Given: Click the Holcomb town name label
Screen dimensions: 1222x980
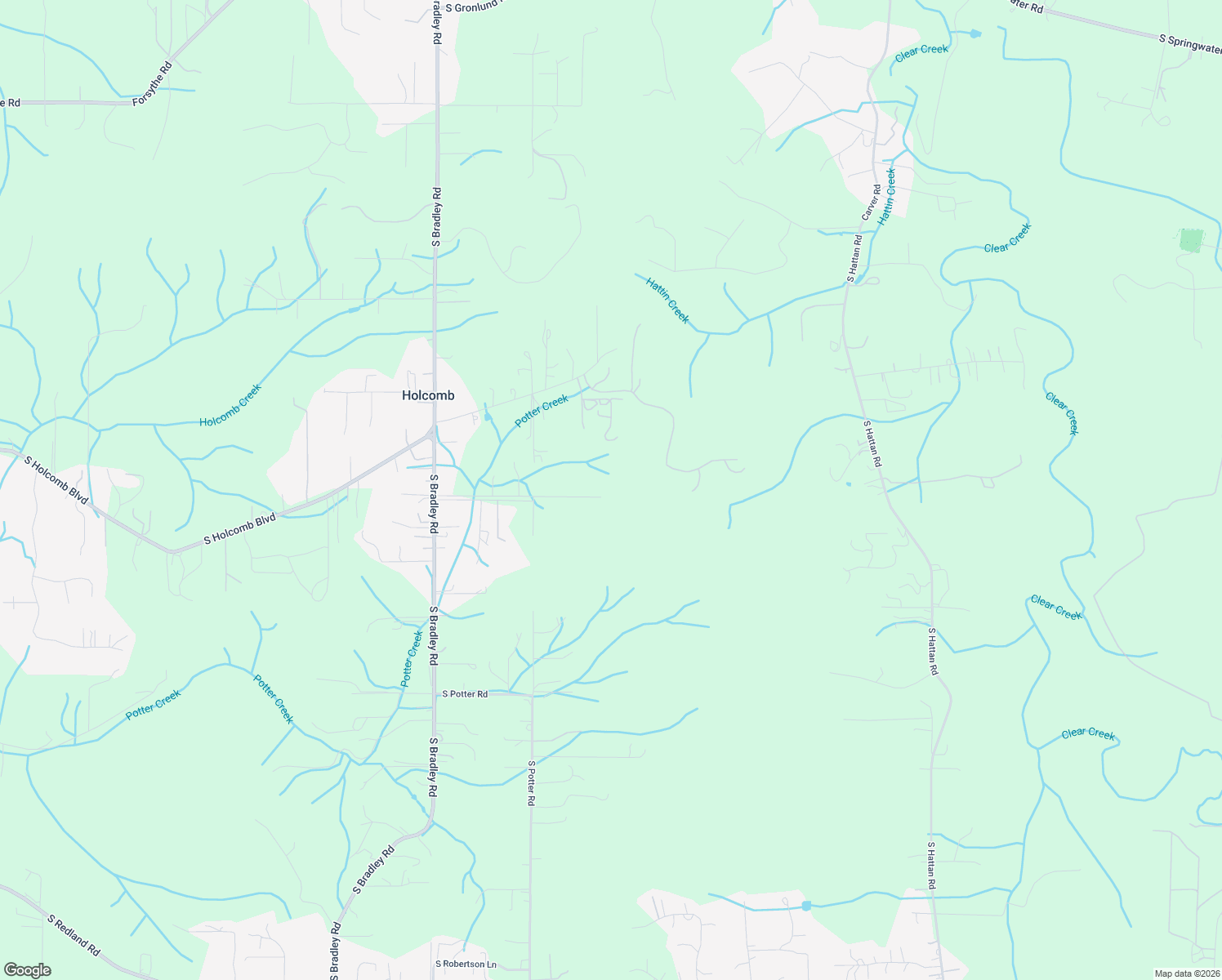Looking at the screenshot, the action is pyautogui.click(x=428, y=395).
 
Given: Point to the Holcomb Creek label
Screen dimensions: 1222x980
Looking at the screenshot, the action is pyautogui.click(x=230, y=405).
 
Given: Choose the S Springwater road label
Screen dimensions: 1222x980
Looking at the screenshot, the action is pyautogui.click(x=1189, y=43).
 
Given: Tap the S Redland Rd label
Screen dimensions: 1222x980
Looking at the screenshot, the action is pyautogui.click(x=74, y=935).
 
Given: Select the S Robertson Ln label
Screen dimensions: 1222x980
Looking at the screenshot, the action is pyautogui.click(x=466, y=964).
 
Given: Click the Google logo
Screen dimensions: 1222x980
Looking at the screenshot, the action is pyautogui.click(x=27, y=970).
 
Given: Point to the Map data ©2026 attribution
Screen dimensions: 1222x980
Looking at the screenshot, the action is pyautogui.click(x=1187, y=973).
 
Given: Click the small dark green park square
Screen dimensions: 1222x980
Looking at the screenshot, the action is pyautogui.click(x=1192, y=241).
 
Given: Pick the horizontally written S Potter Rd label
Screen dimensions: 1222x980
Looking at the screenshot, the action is pyautogui.click(x=465, y=694).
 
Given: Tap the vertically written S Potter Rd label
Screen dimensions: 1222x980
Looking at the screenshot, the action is pyautogui.click(x=531, y=784).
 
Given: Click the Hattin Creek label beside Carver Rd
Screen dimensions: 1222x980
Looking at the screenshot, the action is pyautogui.click(x=887, y=196).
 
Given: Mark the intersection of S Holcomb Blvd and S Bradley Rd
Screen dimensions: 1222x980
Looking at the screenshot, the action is pyautogui.click(x=433, y=434).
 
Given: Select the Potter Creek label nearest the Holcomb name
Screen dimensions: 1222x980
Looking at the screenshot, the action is pyautogui.click(x=542, y=411).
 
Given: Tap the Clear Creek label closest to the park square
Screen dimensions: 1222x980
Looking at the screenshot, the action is pyautogui.click(x=1008, y=238).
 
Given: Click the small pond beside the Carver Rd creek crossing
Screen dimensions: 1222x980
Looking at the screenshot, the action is pyautogui.click(x=860, y=279).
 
